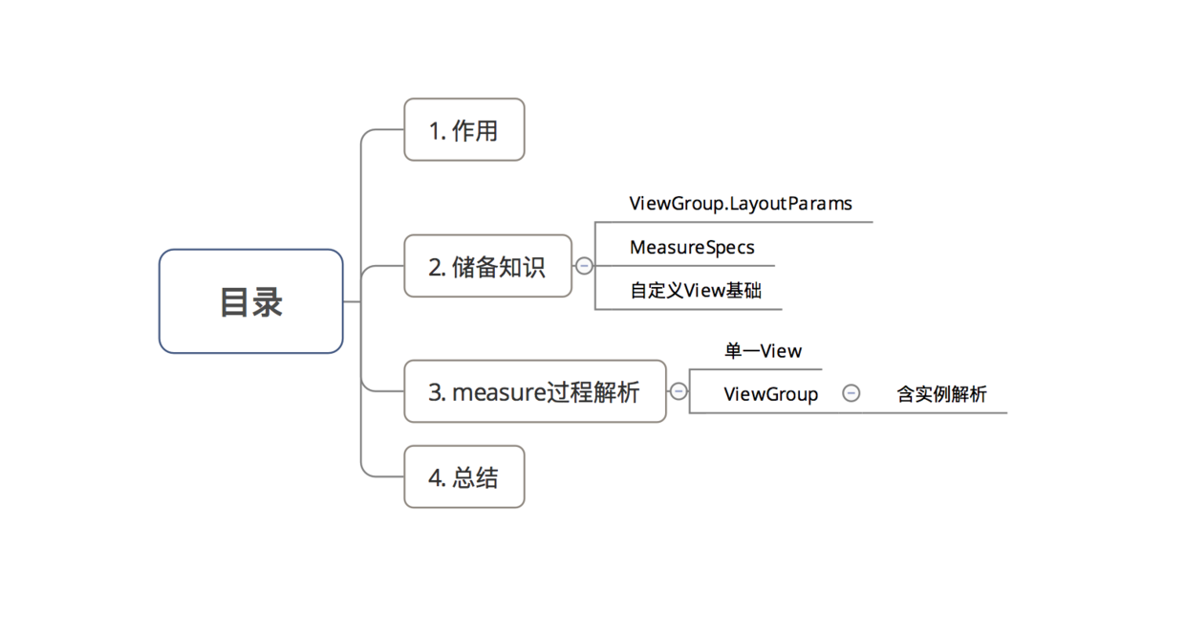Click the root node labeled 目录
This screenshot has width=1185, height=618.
click(x=250, y=301)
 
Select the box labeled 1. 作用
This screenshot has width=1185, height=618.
click(x=463, y=130)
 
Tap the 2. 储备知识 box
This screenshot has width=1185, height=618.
click(x=487, y=266)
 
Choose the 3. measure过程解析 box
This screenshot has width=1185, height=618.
click(x=534, y=391)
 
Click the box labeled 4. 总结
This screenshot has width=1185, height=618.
click(x=463, y=477)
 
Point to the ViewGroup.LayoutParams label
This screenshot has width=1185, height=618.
click(x=740, y=204)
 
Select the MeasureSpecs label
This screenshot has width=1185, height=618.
click(x=692, y=248)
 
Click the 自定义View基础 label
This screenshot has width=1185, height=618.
click(x=695, y=291)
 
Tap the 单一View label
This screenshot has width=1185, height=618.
click(x=763, y=351)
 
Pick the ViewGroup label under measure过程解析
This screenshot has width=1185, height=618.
click(x=770, y=394)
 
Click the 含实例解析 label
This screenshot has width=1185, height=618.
click(x=941, y=394)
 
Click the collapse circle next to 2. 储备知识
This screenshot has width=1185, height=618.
click(x=584, y=266)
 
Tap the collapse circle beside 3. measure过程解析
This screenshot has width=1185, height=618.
click(x=679, y=391)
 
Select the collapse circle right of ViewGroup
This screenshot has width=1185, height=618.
click(x=851, y=393)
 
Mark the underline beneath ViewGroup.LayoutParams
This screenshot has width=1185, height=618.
click(x=765, y=222)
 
